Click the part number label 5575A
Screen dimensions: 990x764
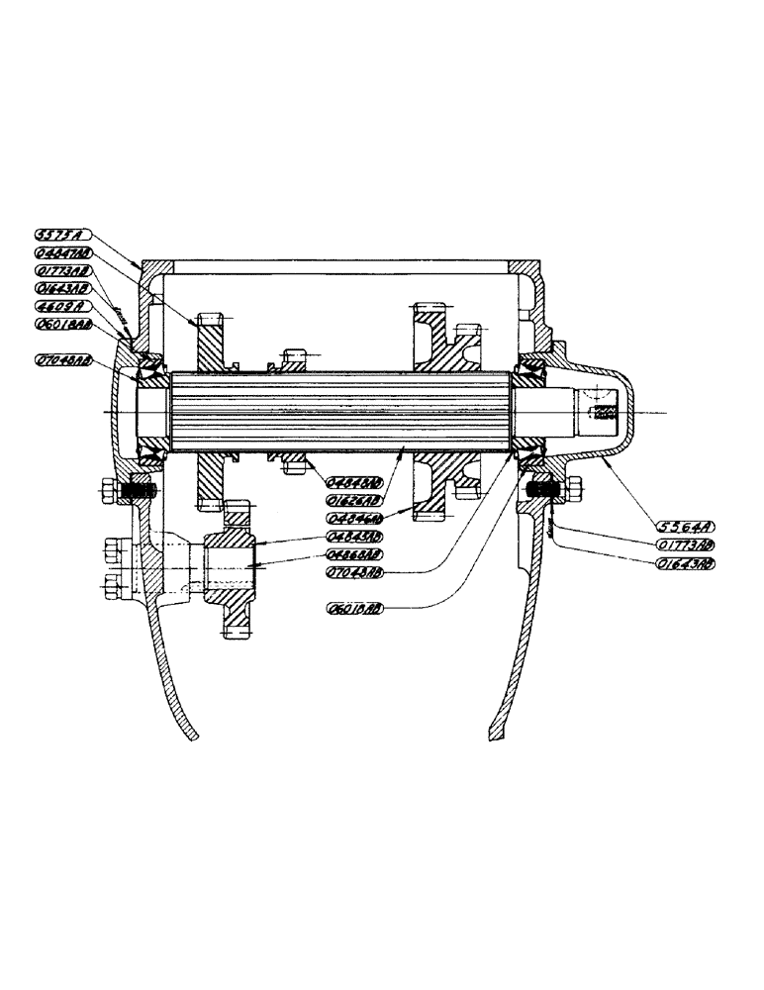coord(61,235)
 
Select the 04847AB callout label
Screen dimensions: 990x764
coord(62,252)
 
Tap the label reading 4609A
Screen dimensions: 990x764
coord(61,306)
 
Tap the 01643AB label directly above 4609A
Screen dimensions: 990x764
coord(62,288)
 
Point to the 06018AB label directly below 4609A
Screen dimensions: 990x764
coord(62,324)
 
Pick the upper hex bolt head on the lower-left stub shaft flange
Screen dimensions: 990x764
coord(109,547)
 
